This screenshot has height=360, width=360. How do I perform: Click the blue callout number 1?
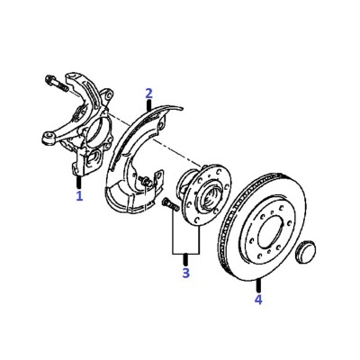point(79,195)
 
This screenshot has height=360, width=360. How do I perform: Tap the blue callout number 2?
point(149,94)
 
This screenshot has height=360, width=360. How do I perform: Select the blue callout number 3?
point(185,273)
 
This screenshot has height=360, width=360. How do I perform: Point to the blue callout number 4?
point(258,300)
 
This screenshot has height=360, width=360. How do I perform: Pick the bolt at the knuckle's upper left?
point(56,84)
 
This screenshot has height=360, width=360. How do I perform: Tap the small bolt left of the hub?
point(170,204)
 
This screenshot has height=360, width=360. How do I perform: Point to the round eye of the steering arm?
point(48,139)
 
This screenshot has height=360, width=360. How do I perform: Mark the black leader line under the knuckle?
point(79,182)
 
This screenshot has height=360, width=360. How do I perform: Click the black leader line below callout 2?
point(149,105)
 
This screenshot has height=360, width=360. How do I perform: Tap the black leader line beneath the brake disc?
point(258,285)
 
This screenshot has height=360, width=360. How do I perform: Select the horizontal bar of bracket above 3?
point(186,254)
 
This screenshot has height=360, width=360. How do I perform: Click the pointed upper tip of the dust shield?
point(181,108)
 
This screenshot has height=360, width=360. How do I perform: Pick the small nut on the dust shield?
point(145,182)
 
